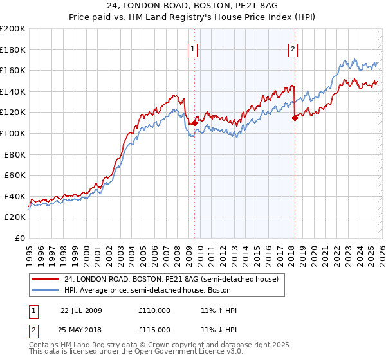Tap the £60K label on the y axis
[15, 175]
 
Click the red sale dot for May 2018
[295, 118]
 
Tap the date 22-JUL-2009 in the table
[81, 310]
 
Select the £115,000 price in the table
[154, 329]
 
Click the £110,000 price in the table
[154, 310]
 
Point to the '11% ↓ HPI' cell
[219, 329]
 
